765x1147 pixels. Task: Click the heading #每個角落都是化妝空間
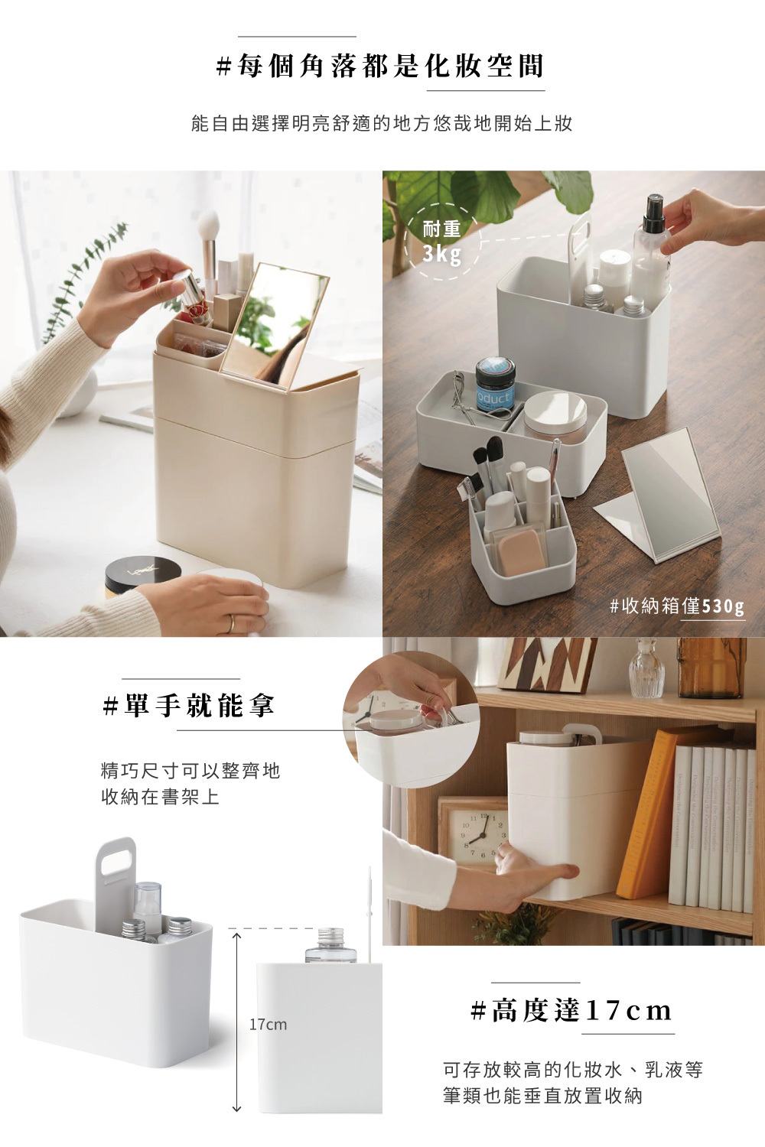coord(380,67)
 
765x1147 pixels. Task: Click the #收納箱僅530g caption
coord(676,606)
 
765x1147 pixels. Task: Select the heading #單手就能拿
coord(189,705)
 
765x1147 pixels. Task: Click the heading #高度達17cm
coord(571,1010)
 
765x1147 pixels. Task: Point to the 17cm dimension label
coord(268,1024)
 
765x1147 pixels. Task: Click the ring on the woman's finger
coord(230,623)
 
